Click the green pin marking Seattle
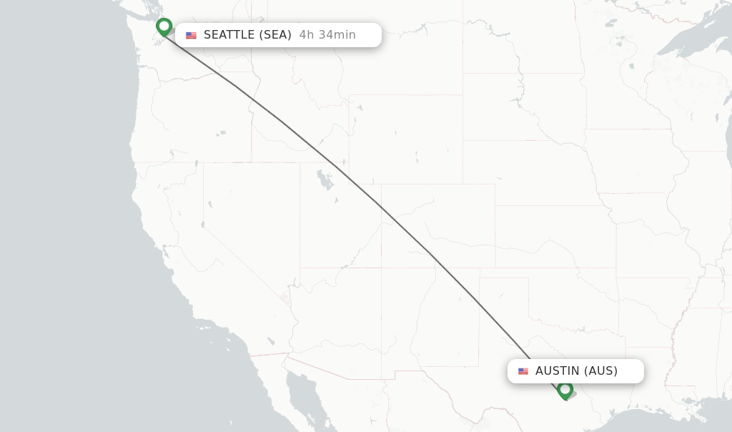coord(164,26)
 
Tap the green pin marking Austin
coord(565,389)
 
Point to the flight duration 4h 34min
coord(327,35)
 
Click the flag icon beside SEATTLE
coord(191,36)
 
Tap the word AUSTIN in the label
coord(558,371)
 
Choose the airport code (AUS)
coord(600,371)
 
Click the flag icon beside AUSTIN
coord(523,372)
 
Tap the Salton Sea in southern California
coord(270,341)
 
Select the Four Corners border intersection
coord(381,268)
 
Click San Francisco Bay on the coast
coord(165,250)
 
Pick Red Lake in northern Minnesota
coord(611,23)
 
